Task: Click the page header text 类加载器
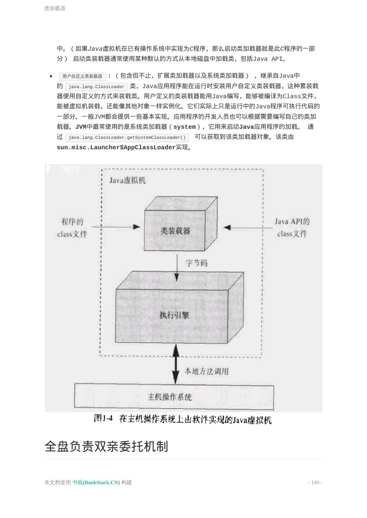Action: pyautogui.click(x=55, y=8)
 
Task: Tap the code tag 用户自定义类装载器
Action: pyautogui.click(x=82, y=76)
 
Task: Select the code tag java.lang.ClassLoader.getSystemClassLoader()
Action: pyautogui.click(x=127, y=137)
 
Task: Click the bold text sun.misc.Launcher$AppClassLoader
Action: pyautogui.click(x=116, y=147)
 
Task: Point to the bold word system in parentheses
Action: pyautogui.click(x=184, y=127)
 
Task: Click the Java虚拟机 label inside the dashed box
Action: pyautogui.click(x=127, y=180)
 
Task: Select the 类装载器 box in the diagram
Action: pyautogui.click(x=175, y=231)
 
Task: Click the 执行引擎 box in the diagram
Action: pyautogui.click(x=174, y=315)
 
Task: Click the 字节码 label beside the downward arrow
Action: pyautogui.click(x=197, y=263)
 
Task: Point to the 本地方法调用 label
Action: pyautogui.click(x=206, y=371)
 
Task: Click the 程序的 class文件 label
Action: pyautogui.click(x=72, y=228)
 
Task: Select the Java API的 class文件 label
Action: pyautogui.click(x=292, y=227)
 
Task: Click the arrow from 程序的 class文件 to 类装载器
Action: pyautogui.click(x=116, y=227)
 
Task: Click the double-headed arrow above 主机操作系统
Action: pyautogui.click(x=176, y=364)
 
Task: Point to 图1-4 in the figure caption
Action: pyautogui.click(x=103, y=418)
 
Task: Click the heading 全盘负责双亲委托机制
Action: pyautogui.click(x=106, y=446)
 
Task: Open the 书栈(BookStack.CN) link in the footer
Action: pyautogui.click(x=96, y=482)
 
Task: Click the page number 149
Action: pyautogui.click(x=315, y=482)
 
